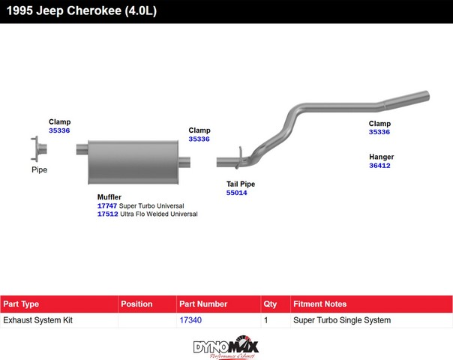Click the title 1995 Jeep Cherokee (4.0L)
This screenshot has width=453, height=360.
[x=82, y=11]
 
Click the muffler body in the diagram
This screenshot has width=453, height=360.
[x=133, y=162]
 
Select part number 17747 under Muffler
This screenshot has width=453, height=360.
[x=107, y=206]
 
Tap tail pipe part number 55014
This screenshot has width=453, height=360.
[x=236, y=193]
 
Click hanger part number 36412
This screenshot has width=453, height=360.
[x=379, y=166]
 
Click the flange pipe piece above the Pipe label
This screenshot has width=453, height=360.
[x=39, y=148]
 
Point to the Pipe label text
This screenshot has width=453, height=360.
[x=39, y=169]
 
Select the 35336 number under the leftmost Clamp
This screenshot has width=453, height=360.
[x=59, y=130]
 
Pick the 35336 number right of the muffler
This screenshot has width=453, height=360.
[x=199, y=139]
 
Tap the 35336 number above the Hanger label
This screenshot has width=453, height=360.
[x=379, y=132]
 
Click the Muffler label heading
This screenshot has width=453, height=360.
[x=109, y=197]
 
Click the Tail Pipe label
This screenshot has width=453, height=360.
[x=241, y=184]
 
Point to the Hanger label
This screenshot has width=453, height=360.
[x=381, y=157]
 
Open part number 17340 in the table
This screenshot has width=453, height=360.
[x=190, y=320]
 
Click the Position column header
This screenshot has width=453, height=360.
[x=136, y=304]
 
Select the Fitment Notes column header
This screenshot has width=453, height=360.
[x=319, y=304]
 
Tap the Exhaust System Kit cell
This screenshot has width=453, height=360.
[x=37, y=320]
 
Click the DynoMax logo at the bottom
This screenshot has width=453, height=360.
[x=226, y=347]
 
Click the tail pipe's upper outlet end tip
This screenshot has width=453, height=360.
[x=427, y=96]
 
